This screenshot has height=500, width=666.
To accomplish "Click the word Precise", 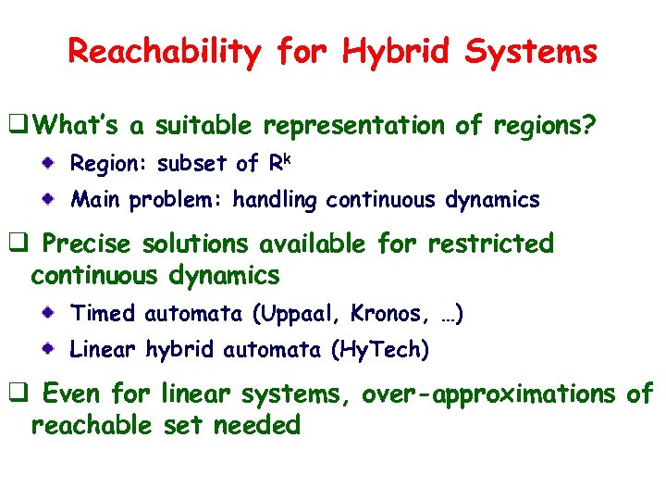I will (x=88, y=244).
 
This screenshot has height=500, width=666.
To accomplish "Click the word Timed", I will (x=103, y=314).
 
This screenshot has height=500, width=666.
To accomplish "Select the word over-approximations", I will (x=487, y=394).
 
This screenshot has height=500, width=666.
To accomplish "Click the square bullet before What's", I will (x=17, y=125).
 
